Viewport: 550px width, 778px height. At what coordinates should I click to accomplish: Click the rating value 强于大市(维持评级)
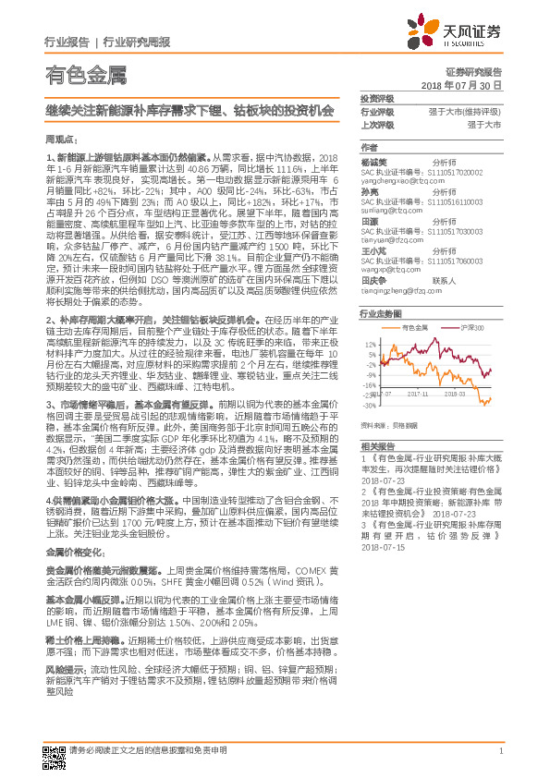(x=465, y=111)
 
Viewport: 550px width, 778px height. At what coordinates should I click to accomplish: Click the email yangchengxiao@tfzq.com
(x=397, y=181)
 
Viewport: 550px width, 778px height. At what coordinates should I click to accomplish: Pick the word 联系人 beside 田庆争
(x=446, y=280)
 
